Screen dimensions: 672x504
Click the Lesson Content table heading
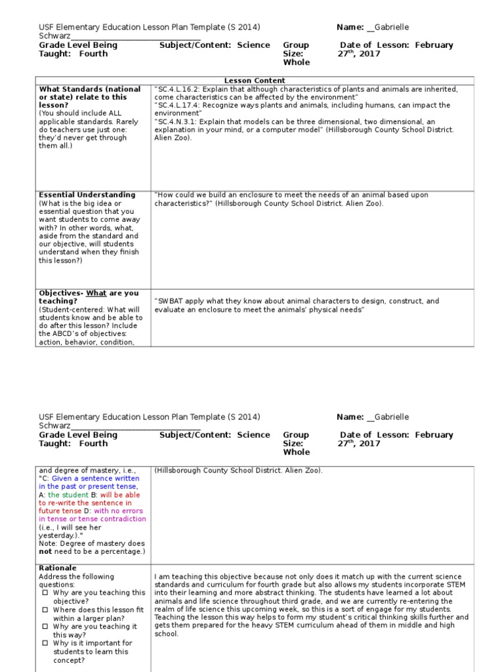(255, 81)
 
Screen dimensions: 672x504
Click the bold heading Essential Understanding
(87, 195)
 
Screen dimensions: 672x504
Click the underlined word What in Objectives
(96, 293)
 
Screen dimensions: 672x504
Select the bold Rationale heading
(58, 568)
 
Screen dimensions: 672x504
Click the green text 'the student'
(73, 495)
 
